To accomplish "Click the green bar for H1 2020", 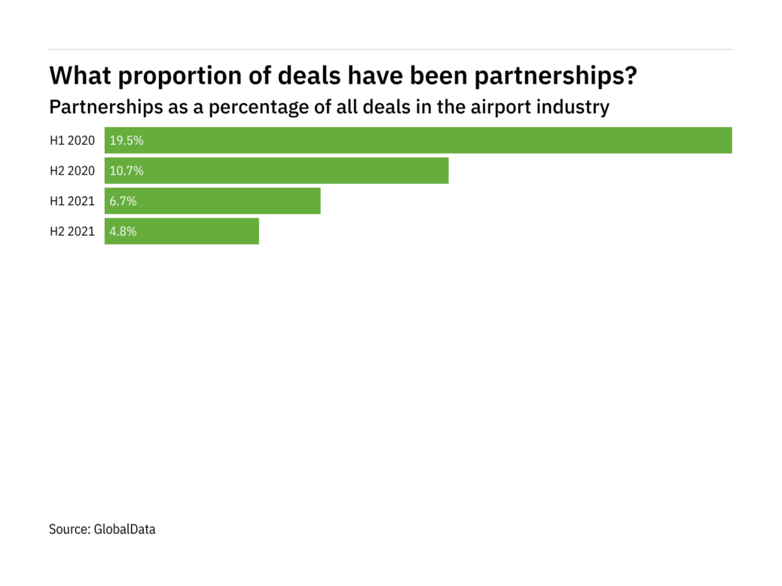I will click(x=418, y=140).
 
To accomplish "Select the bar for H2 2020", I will click(x=276, y=171).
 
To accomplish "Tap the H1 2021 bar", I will click(x=212, y=201).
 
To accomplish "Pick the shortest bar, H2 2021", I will click(x=182, y=231).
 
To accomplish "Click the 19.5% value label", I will click(x=127, y=140).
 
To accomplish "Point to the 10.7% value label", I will click(x=127, y=171).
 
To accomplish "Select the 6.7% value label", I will click(x=124, y=201).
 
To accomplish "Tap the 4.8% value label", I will click(x=124, y=231).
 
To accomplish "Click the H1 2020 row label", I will click(x=72, y=140).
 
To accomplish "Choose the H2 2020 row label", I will click(x=72, y=171).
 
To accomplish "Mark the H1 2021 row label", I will click(x=72, y=201).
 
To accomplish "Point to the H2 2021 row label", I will click(x=72, y=231).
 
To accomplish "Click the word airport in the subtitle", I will click(x=499, y=108).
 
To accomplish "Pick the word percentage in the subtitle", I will click(x=257, y=108).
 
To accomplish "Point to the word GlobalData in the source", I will click(x=124, y=530).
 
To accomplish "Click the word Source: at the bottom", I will click(x=69, y=530).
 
